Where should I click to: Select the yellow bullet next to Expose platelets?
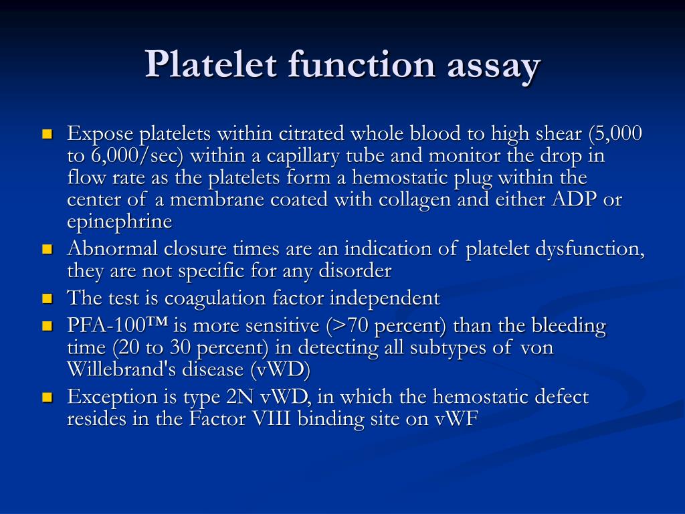(x=47, y=134)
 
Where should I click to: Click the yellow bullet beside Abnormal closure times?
(x=47, y=250)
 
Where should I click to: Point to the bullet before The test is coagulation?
(x=47, y=298)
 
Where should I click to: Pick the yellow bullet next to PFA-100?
(x=47, y=327)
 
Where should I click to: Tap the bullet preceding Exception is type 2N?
(x=47, y=398)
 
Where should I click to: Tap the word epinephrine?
(x=120, y=222)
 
